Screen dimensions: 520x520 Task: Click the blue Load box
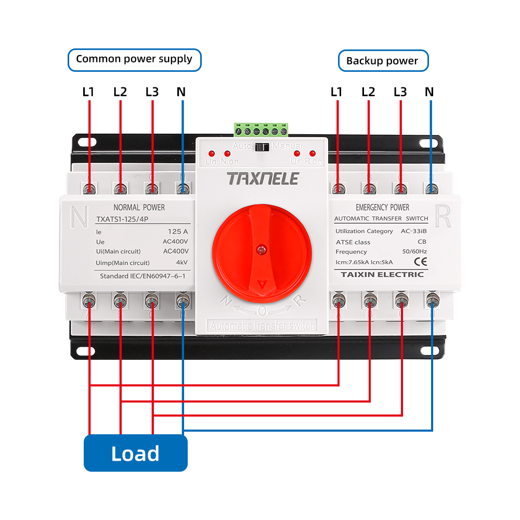(135, 453)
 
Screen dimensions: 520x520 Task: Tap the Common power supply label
(134, 59)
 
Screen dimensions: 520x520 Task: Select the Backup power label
(382, 61)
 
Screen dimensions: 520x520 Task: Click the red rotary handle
(262, 250)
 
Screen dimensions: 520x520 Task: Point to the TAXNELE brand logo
(263, 179)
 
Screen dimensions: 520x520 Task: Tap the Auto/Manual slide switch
(263, 147)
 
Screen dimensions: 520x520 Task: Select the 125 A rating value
(178, 231)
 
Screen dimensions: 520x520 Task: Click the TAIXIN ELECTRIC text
(382, 274)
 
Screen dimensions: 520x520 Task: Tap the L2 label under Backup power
(368, 92)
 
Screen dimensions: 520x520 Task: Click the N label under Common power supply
(181, 92)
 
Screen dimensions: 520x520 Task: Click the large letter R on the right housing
(443, 217)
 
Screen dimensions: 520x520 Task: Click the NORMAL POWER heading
(139, 207)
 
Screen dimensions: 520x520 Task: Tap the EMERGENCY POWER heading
(382, 207)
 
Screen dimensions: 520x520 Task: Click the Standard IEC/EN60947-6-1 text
(142, 276)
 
